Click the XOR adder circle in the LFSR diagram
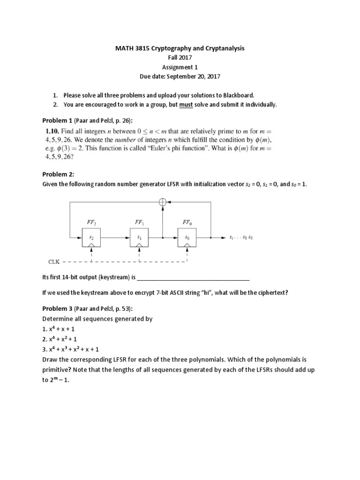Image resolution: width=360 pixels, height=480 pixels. (163, 202)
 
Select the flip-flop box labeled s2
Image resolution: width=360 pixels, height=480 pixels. (91, 238)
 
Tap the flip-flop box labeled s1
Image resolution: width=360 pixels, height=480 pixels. (139, 238)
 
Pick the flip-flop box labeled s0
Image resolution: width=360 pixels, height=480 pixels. (187, 238)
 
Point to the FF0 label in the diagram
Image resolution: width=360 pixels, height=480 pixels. (187, 222)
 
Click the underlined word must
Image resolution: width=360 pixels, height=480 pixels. (187, 105)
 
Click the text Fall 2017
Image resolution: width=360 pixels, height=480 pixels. (180, 58)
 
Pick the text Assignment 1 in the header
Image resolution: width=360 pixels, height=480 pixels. (180, 67)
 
